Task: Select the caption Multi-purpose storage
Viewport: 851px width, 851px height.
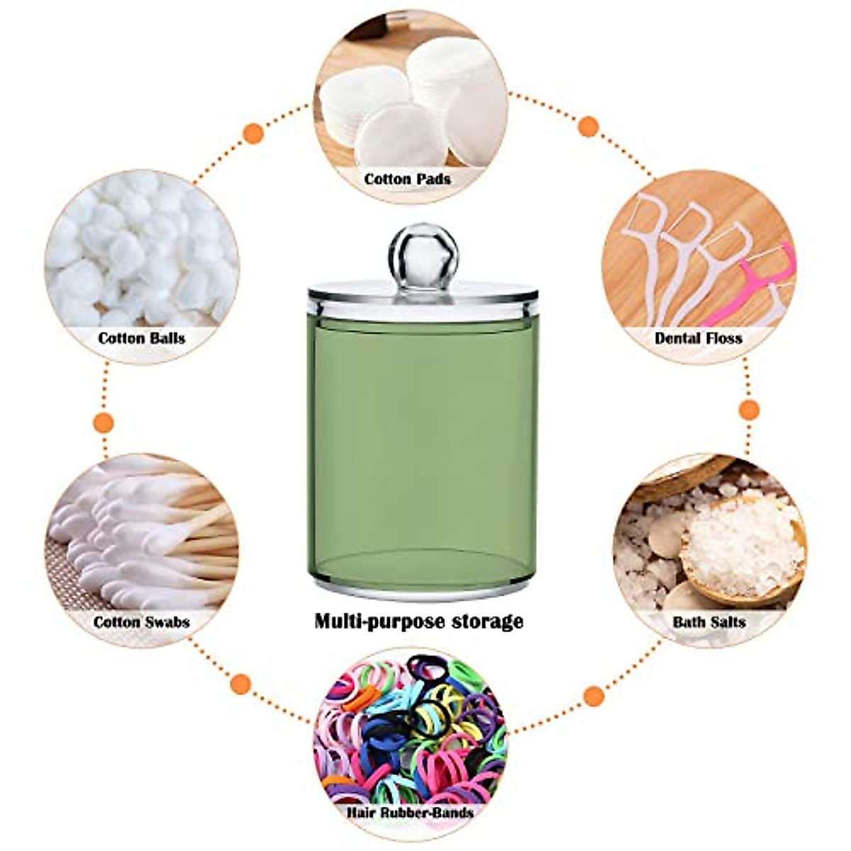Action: tap(418, 622)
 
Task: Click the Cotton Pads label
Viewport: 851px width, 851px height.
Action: tap(407, 179)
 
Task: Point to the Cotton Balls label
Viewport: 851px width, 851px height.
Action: tap(141, 338)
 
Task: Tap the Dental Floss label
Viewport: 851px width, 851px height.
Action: tap(698, 338)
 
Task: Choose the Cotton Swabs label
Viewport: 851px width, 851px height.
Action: tap(141, 623)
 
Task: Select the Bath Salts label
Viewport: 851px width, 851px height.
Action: tap(708, 623)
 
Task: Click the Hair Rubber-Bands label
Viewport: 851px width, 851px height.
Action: tap(411, 813)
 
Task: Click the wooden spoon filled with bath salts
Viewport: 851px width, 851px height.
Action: tap(741, 546)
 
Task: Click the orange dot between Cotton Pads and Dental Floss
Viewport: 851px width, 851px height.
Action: tap(588, 127)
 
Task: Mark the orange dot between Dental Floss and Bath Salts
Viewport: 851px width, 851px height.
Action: tap(749, 410)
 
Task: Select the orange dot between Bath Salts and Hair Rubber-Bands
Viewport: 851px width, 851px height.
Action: tap(594, 696)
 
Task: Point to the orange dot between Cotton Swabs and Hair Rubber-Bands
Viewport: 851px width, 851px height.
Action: tap(241, 684)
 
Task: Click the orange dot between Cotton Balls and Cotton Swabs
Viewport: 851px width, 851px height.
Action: tap(104, 423)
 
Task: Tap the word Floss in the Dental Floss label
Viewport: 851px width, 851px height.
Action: tap(723, 338)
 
